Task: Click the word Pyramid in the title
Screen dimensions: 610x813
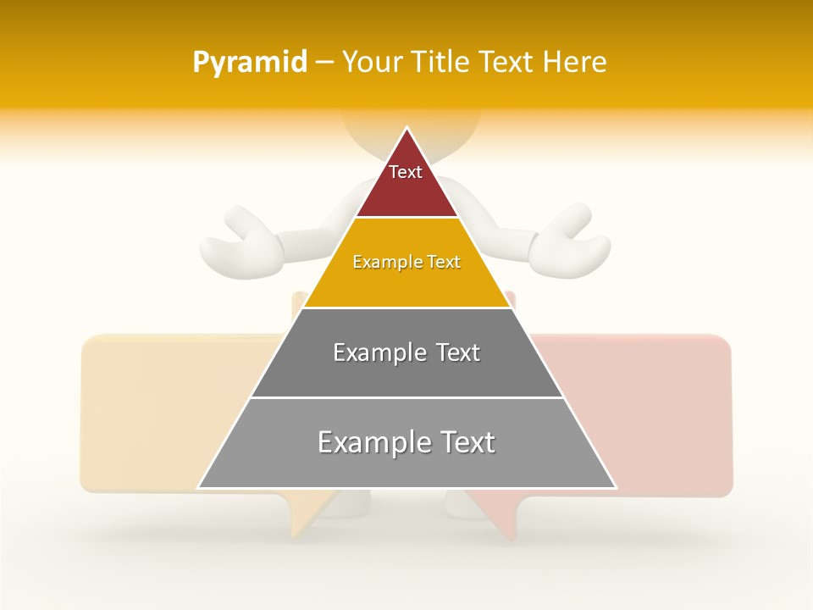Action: (249, 63)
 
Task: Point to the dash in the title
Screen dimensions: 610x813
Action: (324, 63)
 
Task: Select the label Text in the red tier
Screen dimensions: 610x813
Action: (406, 172)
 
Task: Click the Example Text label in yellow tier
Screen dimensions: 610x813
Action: (406, 263)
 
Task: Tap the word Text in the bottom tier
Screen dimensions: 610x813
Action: (467, 442)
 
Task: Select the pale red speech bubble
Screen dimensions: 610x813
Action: (669, 407)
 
